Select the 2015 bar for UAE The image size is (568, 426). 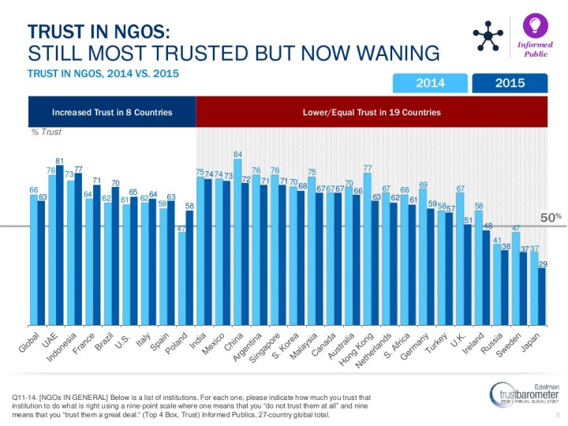pos(60,245)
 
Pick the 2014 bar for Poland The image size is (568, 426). pos(181,279)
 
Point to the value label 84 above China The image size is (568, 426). pos(237,154)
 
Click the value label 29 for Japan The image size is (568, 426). pos(542,264)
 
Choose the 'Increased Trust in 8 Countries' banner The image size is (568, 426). pos(111,112)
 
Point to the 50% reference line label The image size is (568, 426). pos(550,216)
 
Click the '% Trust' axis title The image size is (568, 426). pos(47,132)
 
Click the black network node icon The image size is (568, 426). pos(488,35)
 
